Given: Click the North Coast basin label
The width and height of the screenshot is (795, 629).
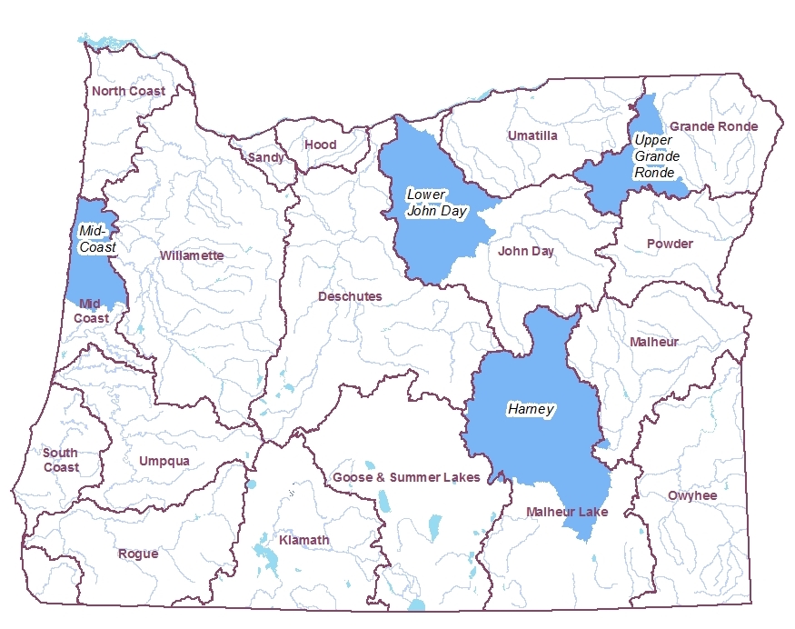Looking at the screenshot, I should (x=128, y=91).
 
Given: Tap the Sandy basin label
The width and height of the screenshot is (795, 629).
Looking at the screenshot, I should (x=265, y=157).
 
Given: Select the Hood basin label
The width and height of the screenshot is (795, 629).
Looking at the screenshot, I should (x=320, y=145).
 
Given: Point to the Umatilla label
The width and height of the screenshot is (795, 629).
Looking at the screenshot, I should (x=532, y=135).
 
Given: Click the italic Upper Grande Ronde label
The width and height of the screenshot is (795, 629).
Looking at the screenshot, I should (x=654, y=155).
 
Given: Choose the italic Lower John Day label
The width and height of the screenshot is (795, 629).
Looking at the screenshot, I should (x=436, y=203).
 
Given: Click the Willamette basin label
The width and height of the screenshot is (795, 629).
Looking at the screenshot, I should (x=192, y=255).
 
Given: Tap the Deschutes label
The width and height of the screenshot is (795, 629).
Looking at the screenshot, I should (x=350, y=296).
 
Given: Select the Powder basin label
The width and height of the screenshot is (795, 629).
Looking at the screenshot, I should (x=670, y=244).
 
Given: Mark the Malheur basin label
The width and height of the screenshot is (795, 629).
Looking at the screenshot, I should (x=654, y=342).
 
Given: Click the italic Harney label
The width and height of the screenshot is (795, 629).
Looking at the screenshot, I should (x=531, y=410).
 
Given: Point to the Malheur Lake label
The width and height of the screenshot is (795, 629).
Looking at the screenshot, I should (x=567, y=513).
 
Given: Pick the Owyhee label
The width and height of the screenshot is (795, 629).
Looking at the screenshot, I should (x=692, y=495).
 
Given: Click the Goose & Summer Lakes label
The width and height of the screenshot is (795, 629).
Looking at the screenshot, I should (x=406, y=477).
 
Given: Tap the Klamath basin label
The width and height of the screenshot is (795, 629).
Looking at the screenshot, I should (x=304, y=540).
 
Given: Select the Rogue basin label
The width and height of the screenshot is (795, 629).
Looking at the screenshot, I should (x=138, y=554).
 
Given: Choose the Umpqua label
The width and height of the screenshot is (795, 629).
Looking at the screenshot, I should (x=164, y=461).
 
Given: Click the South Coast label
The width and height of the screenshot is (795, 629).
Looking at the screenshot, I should (x=61, y=460).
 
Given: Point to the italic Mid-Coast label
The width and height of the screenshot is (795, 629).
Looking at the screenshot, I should (x=95, y=238).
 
